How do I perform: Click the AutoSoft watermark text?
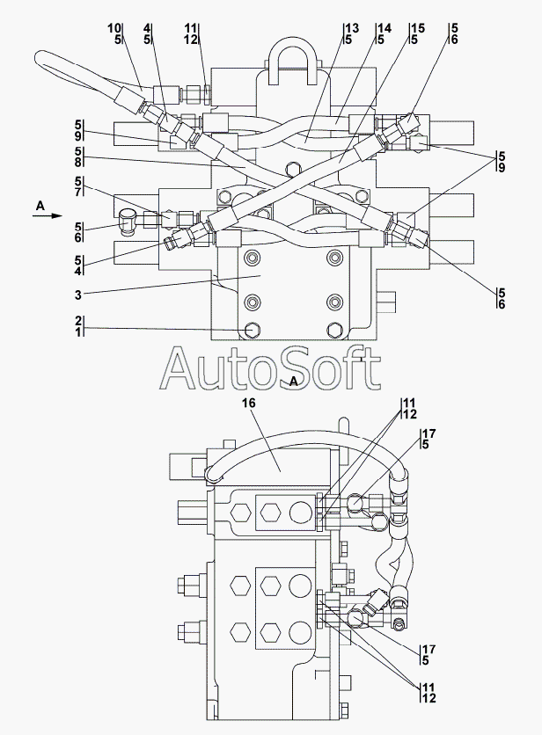(270, 369)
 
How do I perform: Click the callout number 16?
(249, 404)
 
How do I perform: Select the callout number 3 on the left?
(78, 295)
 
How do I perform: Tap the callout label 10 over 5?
(115, 33)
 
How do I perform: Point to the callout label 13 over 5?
(351, 33)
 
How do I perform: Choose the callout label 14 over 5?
(384, 33)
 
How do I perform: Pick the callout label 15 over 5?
(417, 33)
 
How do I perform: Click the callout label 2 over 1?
(79, 327)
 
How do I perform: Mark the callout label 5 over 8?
(79, 157)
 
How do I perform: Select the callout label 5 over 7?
(79, 187)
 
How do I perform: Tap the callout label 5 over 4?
(79, 265)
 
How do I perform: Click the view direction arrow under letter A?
(48, 215)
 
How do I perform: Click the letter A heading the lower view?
(294, 381)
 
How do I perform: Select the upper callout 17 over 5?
(428, 439)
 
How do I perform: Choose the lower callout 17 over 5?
(428, 655)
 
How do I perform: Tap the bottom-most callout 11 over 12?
(427, 693)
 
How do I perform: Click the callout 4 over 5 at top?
(147, 33)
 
